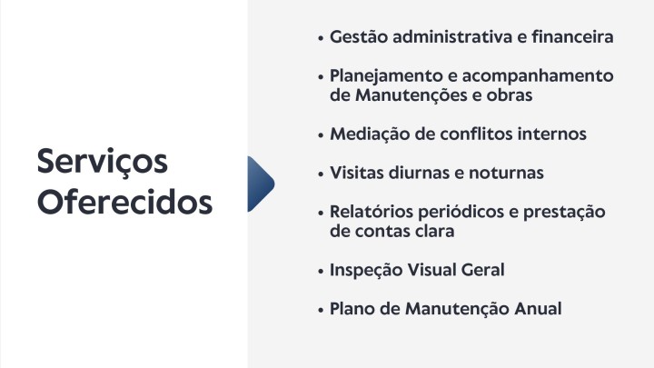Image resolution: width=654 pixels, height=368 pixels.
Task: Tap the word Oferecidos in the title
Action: (x=124, y=203)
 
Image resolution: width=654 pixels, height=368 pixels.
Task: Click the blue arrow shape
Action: (x=261, y=184)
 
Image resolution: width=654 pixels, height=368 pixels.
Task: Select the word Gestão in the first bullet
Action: (x=359, y=36)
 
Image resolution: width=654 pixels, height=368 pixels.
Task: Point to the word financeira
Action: (x=572, y=36)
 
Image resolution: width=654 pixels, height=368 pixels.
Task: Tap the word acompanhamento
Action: (x=538, y=76)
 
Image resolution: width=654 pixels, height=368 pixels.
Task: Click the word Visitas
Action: (x=357, y=173)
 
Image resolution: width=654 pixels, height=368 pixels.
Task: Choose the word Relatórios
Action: (x=372, y=212)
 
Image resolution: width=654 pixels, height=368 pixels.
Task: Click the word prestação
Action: (x=564, y=213)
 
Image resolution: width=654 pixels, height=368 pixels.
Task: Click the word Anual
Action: (x=538, y=309)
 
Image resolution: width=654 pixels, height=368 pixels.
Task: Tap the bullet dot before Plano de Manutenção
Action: (x=321, y=311)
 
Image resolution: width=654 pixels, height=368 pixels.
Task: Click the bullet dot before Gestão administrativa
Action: (x=321, y=38)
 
